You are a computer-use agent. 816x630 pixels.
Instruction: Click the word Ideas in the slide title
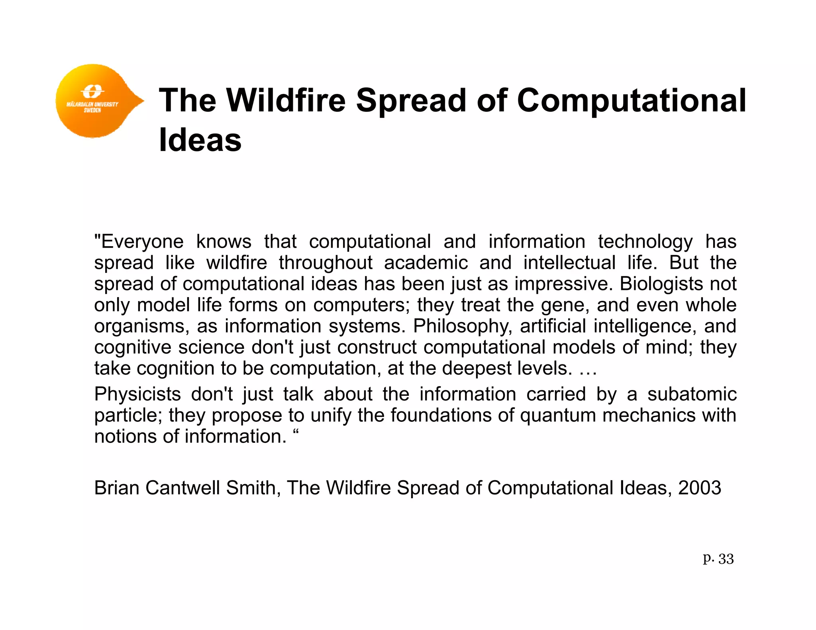200,140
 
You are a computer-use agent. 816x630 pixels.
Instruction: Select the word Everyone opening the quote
139,242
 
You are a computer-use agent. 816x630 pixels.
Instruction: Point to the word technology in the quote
645,242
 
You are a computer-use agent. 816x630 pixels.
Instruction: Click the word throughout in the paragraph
326,263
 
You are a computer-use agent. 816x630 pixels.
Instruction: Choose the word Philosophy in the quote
462,327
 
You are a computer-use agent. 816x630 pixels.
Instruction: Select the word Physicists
137,394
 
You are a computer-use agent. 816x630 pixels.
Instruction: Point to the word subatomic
692,394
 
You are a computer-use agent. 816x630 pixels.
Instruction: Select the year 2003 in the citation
699,488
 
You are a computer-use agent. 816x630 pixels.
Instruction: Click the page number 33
726,559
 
